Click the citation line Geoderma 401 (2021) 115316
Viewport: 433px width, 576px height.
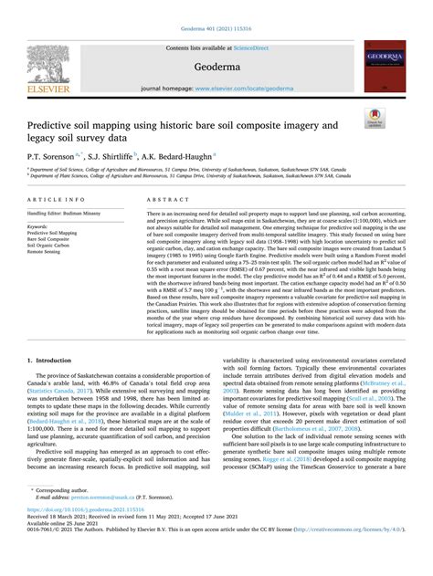(216, 5)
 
